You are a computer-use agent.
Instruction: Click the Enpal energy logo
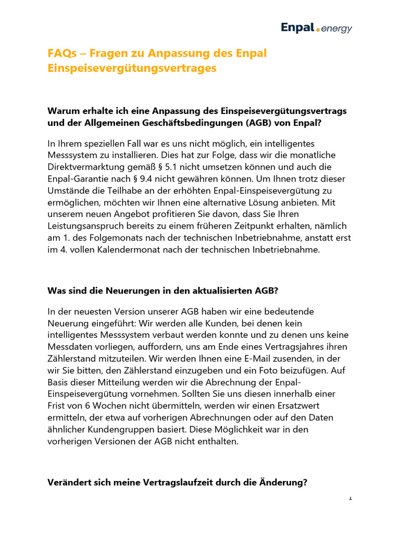tap(316, 28)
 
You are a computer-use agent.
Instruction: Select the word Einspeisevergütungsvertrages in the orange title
tap(132, 68)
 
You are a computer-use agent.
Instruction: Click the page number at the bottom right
tap(351, 498)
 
